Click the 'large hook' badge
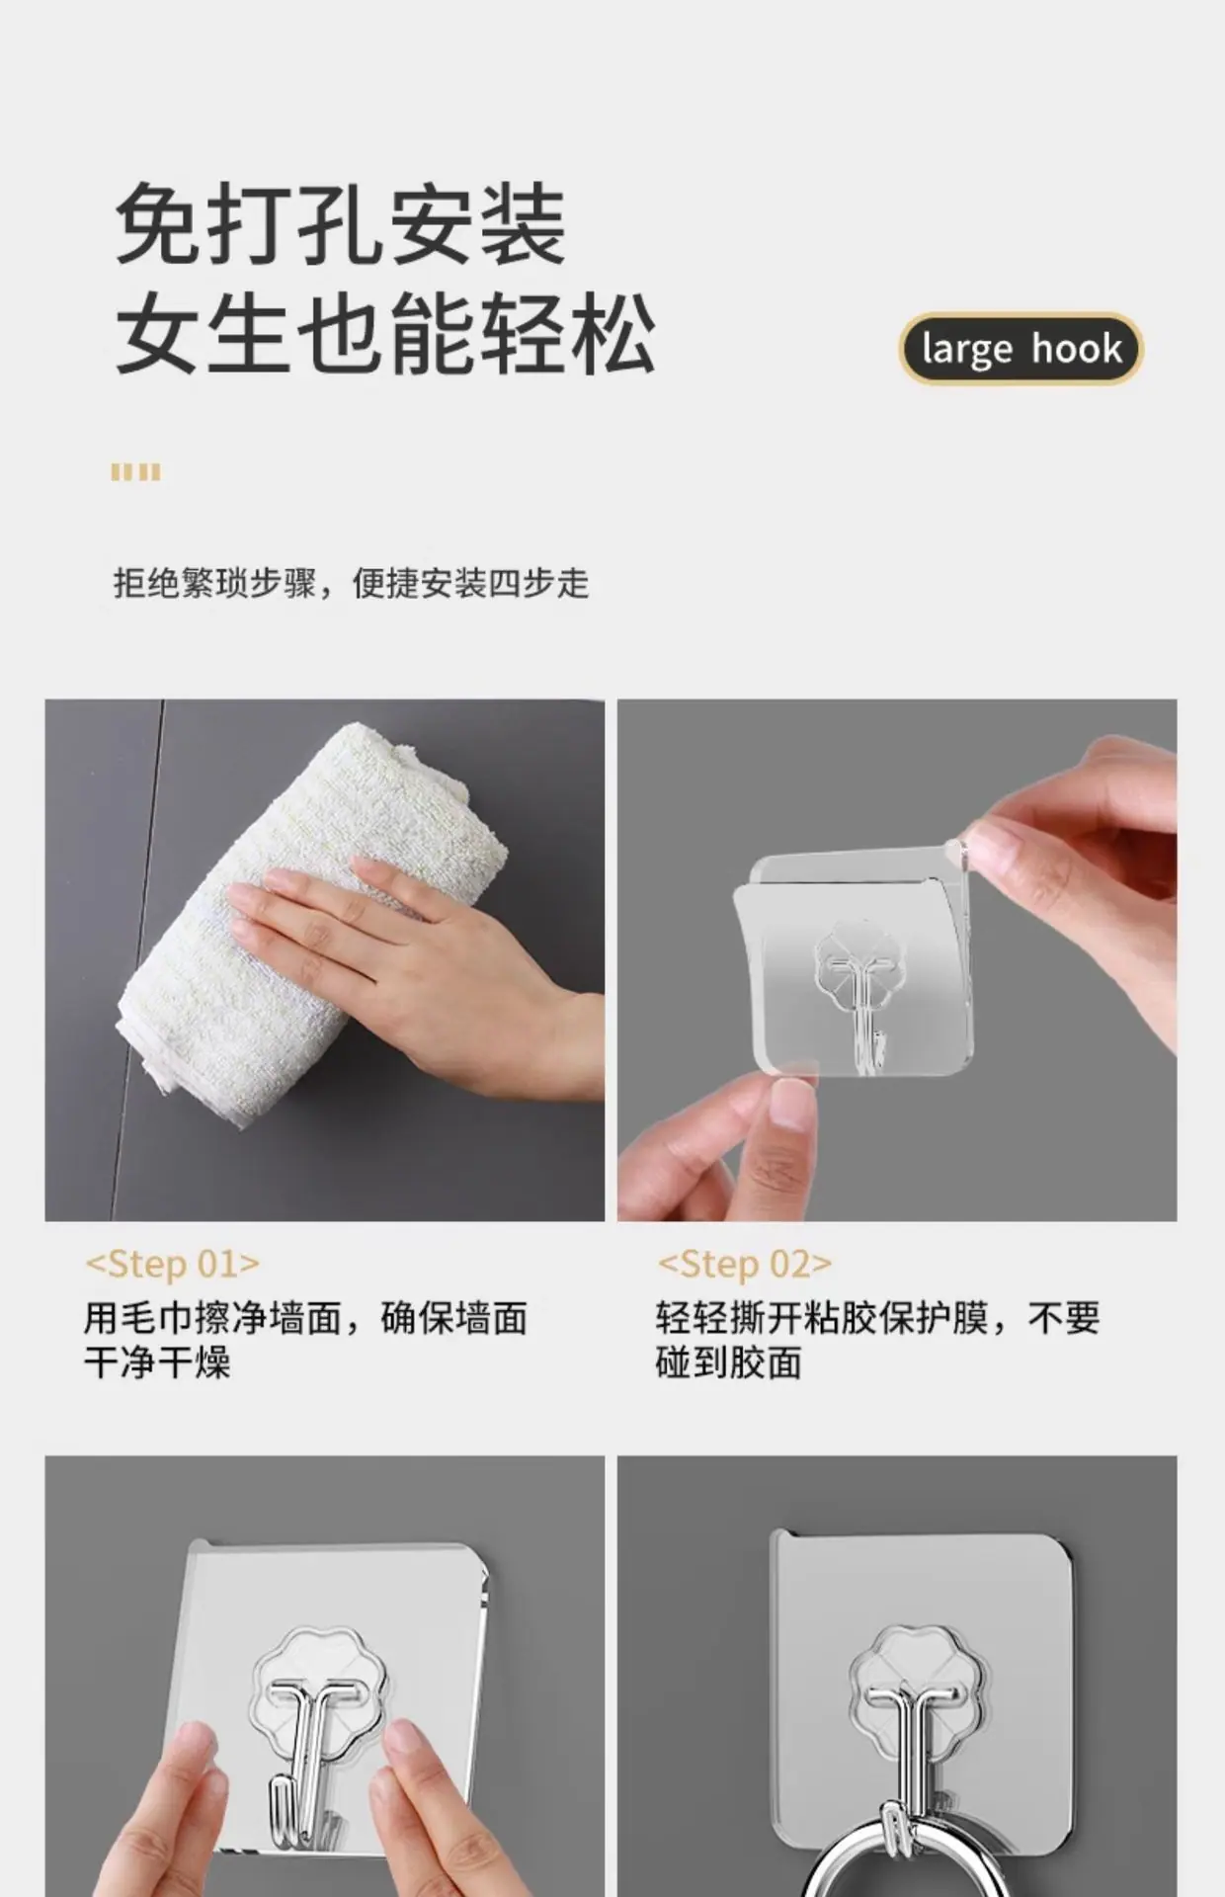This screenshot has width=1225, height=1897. click(1021, 349)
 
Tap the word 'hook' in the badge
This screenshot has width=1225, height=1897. click(1077, 348)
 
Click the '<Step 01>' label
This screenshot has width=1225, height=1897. click(173, 1264)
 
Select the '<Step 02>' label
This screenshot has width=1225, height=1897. click(745, 1264)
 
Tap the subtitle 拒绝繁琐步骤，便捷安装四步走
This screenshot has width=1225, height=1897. click(351, 583)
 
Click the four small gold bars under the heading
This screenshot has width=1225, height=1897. click(135, 472)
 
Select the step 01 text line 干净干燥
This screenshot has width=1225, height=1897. click(157, 1362)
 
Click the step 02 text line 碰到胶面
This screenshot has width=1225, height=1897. click(729, 1362)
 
